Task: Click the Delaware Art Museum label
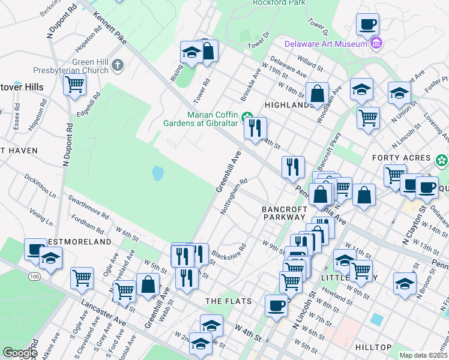pos(325,43)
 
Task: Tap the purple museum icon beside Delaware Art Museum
pos(376,43)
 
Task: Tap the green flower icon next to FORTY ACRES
pos(442,160)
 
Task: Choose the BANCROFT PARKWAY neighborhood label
pos(285,213)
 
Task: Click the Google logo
pos(20,353)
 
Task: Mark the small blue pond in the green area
pos(158,174)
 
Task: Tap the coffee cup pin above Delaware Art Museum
pos(367,25)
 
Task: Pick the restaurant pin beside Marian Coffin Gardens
pos(255,128)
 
